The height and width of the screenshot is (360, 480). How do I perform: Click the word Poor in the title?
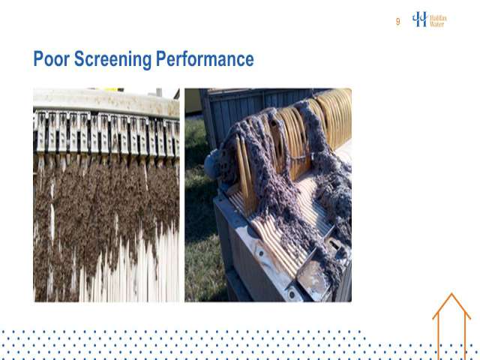click(x=52, y=58)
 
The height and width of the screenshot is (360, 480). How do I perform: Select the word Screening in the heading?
click(x=112, y=59)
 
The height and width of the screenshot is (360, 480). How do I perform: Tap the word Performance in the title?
click(x=205, y=58)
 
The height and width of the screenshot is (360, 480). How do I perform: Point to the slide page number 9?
click(x=397, y=22)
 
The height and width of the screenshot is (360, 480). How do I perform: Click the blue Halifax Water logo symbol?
click(x=420, y=19)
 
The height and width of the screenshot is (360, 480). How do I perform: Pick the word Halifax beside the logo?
click(x=438, y=18)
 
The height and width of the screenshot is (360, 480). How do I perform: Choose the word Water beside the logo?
click(x=437, y=24)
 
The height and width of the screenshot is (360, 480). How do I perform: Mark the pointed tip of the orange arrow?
click(x=451, y=293)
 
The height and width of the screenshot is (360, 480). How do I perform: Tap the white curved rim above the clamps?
click(x=106, y=101)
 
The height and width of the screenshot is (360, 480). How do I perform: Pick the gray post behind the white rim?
click(x=159, y=92)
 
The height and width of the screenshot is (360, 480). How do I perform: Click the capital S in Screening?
click(x=79, y=58)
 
